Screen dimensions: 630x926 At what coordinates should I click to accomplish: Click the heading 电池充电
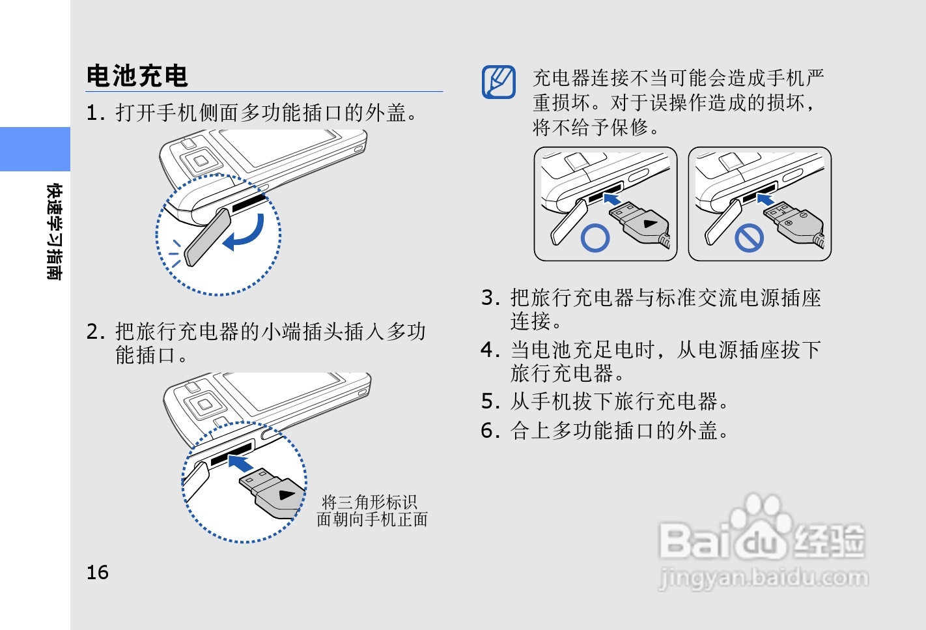(x=137, y=76)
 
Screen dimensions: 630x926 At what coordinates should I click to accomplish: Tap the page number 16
(x=98, y=572)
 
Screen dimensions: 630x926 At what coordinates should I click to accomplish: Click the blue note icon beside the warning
(x=499, y=82)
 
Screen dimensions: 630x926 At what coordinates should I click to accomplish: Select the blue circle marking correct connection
(x=595, y=238)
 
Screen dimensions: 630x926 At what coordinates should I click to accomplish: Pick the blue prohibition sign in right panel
(x=749, y=238)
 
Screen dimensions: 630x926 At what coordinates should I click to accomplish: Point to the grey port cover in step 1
(x=207, y=237)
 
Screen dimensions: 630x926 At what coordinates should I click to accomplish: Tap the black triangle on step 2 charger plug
(x=286, y=494)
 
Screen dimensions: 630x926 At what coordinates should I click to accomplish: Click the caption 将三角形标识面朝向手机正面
(x=371, y=511)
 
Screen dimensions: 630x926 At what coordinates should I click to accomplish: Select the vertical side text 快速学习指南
(x=54, y=232)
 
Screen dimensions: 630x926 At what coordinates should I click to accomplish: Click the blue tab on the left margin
(x=35, y=149)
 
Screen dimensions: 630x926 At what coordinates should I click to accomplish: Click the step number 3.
(x=490, y=298)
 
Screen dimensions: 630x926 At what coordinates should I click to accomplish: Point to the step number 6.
(x=490, y=431)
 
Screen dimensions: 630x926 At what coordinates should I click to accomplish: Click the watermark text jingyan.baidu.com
(x=763, y=577)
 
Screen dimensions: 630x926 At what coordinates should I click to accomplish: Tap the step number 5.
(x=490, y=401)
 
